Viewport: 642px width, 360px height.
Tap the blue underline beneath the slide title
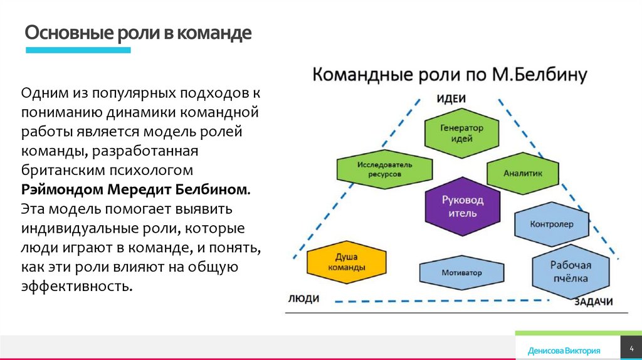(x=78, y=50)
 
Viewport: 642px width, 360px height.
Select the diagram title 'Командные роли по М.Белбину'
(x=449, y=75)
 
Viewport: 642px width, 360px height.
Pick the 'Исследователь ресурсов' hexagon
(x=385, y=169)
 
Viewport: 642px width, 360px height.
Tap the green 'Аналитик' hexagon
(x=523, y=173)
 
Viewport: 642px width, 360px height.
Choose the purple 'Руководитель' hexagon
(x=463, y=206)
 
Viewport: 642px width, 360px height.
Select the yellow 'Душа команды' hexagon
(x=346, y=262)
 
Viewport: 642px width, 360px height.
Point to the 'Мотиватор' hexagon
(x=461, y=273)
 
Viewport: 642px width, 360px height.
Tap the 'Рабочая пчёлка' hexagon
(x=570, y=270)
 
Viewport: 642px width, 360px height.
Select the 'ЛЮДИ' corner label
(x=304, y=299)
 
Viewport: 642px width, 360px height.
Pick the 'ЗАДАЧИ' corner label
(x=592, y=302)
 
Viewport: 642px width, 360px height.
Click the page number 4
(x=631, y=347)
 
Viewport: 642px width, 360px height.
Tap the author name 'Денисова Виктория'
(x=564, y=351)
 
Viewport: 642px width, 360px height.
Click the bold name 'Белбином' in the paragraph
(x=213, y=189)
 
